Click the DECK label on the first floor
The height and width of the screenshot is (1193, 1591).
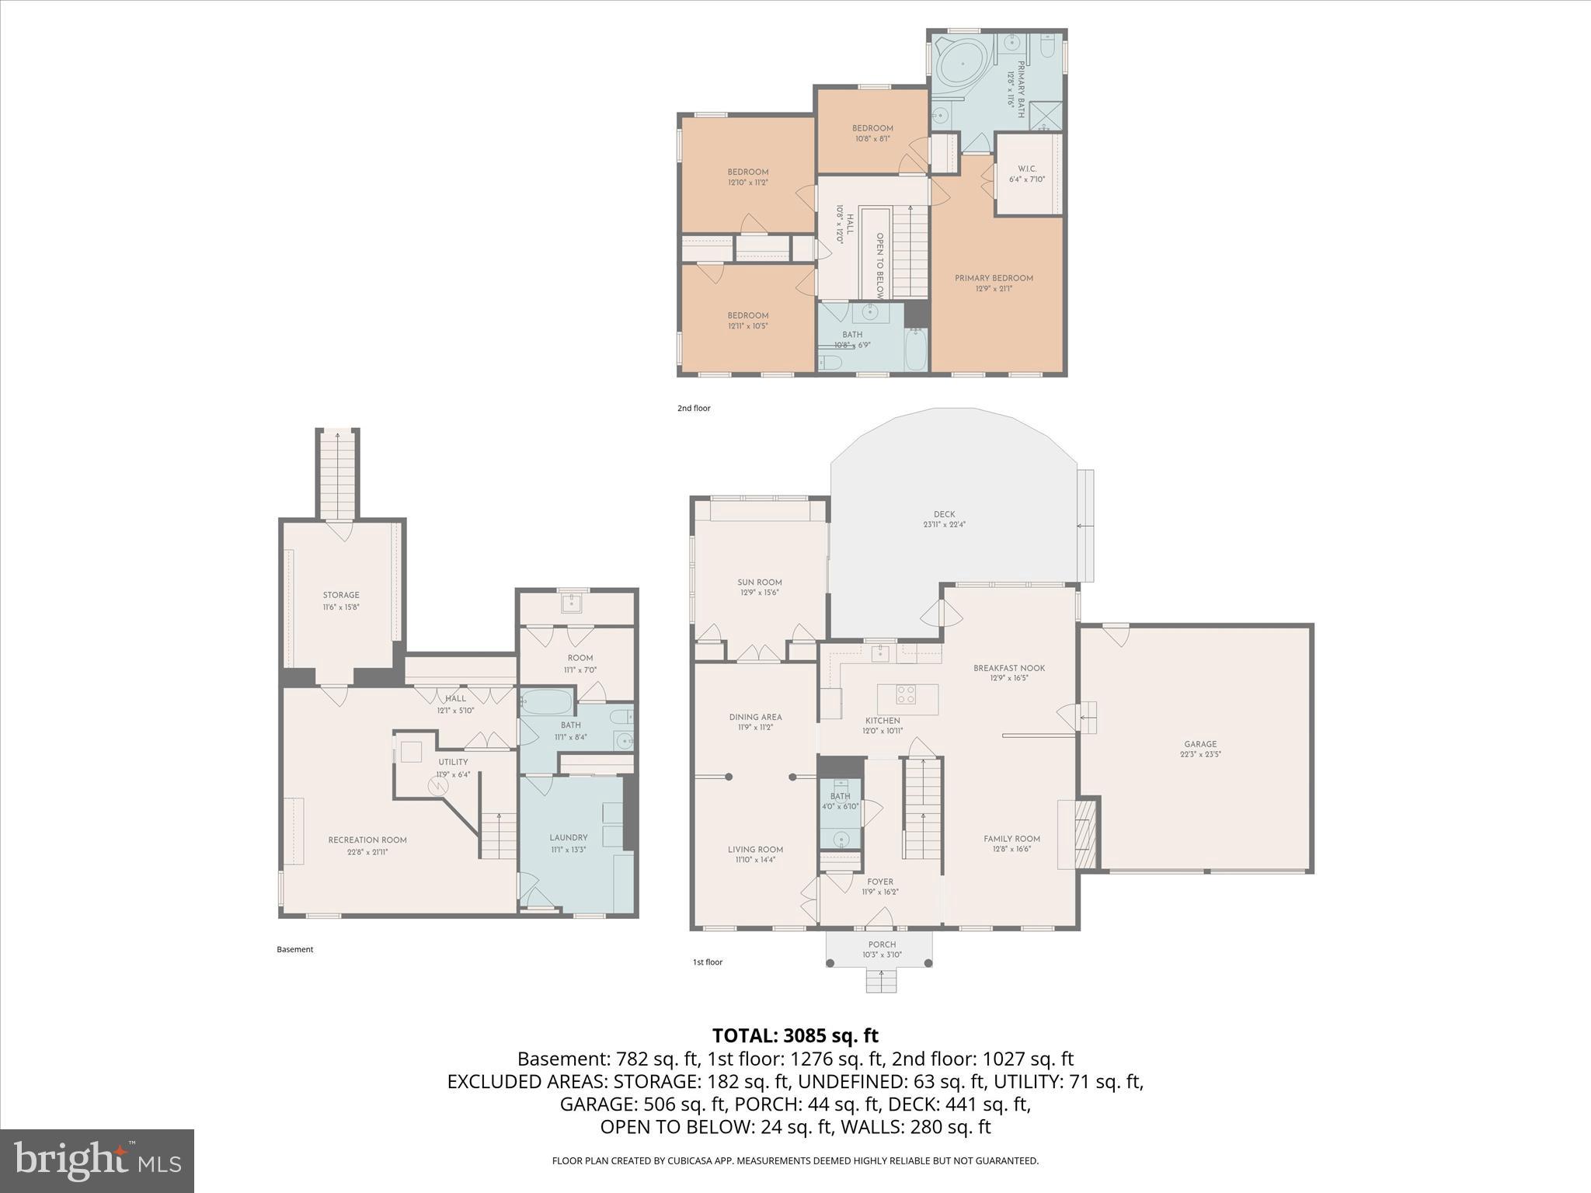(x=944, y=514)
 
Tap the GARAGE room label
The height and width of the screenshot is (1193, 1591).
(x=1200, y=744)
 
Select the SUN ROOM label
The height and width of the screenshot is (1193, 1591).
(x=759, y=583)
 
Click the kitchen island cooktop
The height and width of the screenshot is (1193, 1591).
(x=906, y=694)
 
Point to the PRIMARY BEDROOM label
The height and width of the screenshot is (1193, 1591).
(x=994, y=278)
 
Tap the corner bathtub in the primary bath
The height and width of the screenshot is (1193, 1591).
(x=961, y=66)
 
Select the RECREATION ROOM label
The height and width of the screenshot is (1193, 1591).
(x=367, y=840)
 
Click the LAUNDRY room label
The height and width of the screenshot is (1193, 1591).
(x=568, y=838)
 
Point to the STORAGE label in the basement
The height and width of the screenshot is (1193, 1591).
(x=341, y=596)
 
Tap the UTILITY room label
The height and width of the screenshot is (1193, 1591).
(x=453, y=763)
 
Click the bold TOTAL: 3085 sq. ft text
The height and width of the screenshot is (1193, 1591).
(x=795, y=1035)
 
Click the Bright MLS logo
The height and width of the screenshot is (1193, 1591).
(x=96, y=1160)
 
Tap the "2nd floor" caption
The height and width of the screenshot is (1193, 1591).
(x=693, y=409)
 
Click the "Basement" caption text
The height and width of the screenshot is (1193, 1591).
(x=294, y=949)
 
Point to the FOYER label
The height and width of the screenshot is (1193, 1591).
(x=879, y=882)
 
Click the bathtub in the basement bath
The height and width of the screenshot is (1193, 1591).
(x=546, y=702)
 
